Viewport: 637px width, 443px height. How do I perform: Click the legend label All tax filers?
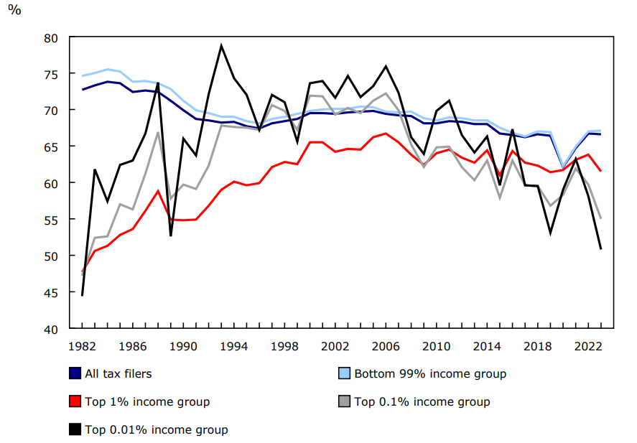tap(118, 373)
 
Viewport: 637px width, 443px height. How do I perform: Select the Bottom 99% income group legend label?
tap(429, 373)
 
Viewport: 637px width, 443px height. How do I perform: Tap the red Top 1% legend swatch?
tap(75, 401)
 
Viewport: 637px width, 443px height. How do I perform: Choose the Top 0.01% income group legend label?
tap(157, 429)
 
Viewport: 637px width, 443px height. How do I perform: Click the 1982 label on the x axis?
tap(83, 346)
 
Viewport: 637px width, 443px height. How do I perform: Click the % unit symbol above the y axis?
tap(14, 13)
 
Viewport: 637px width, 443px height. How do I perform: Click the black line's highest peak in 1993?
tap(221, 46)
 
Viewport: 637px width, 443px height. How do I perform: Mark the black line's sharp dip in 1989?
tap(171, 235)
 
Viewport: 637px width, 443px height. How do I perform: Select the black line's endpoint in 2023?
tap(600, 249)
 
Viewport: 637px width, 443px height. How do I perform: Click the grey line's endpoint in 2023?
tap(600, 218)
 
